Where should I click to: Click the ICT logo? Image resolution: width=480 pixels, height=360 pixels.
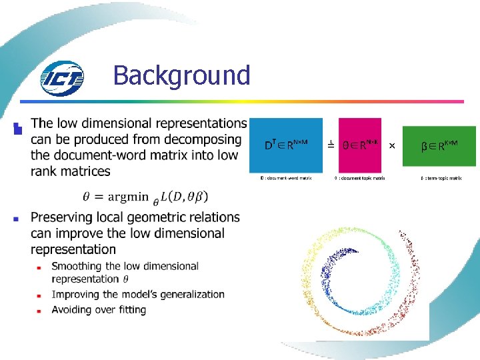[x=61, y=79]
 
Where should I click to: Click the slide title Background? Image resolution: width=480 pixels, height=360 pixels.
[x=181, y=75]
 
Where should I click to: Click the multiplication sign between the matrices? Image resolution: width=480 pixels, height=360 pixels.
[x=392, y=145]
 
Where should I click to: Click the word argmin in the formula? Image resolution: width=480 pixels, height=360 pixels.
[x=128, y=197]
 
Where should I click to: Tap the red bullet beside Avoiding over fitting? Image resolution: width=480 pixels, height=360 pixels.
[x=40, y=310]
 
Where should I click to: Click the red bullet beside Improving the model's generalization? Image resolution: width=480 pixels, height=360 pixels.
[x=40, y=295]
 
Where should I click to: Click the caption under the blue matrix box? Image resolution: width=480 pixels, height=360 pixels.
[x=286, y=178]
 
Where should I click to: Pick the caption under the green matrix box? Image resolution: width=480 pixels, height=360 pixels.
[x=441, y=178]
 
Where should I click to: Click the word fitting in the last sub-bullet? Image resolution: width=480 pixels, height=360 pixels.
[x=130, y=309]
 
